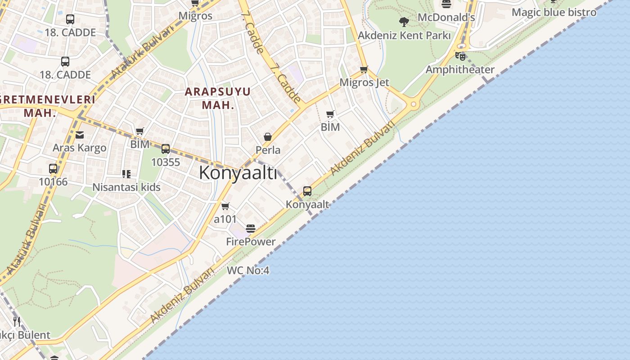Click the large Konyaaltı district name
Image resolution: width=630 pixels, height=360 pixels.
(238, 172)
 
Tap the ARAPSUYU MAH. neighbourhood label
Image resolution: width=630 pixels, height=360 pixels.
(218, 98)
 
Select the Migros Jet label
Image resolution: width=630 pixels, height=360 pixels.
(364, 82)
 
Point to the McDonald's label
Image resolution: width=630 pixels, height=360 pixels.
(446, 18)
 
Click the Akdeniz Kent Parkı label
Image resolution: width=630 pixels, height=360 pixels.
(404, 35)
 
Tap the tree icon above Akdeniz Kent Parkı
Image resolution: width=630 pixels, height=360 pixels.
(404, 21)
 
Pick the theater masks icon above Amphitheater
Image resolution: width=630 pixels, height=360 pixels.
(460, 56)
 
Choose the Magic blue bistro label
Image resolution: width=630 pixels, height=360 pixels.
(554, 12)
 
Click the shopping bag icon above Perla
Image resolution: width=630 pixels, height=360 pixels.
(268, 137)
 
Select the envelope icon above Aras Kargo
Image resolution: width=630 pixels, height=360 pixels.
(80, 135)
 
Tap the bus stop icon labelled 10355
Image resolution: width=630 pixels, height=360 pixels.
(166, 149)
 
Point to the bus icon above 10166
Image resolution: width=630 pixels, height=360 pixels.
(53, 169)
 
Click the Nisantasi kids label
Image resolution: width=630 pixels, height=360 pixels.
(126, 187)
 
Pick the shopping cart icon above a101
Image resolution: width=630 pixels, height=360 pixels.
(225, 206)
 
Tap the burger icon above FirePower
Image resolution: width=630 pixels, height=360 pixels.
(251, 229)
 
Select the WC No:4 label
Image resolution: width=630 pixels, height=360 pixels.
(248, 270)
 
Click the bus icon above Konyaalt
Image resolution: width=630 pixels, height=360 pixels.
(307, 191)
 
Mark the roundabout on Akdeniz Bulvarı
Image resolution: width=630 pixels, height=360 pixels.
(413, 104)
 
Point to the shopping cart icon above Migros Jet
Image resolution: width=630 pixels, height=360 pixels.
(364, 69)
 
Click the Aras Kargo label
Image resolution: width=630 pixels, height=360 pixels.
(80, 148)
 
